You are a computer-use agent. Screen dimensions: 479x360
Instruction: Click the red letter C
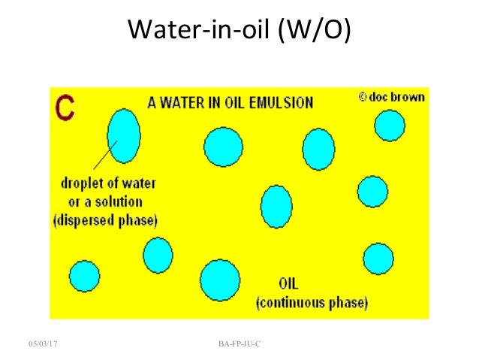pyautogui.click(x=66, y=107)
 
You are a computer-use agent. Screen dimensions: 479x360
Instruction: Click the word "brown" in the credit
pyautogui.click(x=410, y=98)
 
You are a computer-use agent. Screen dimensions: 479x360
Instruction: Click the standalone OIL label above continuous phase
pyautogui.click(x=290, y=285)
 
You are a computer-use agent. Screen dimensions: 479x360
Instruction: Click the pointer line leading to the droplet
pyautogui.click(x=105, y=156)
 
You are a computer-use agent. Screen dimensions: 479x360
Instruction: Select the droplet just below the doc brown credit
pyautogui.click(x=390, y=126)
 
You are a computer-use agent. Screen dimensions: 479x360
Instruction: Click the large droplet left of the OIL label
pyautogui.click(x=219, y=280)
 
